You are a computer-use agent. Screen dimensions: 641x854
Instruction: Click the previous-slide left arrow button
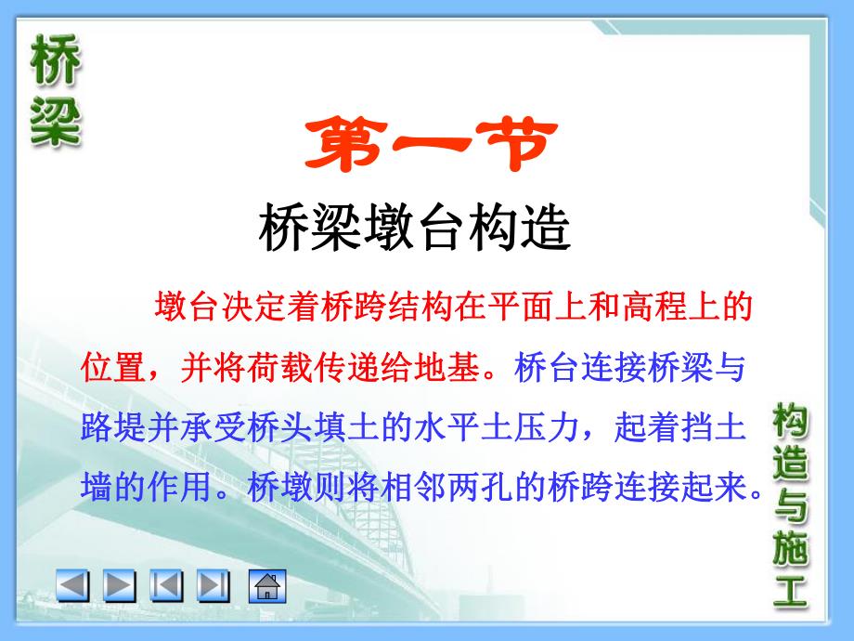click(x=73, y=585)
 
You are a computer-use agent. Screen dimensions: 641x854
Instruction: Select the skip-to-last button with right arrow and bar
click(x=214, y=585)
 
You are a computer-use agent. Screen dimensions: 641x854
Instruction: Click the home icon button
click(x=266, y=585)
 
